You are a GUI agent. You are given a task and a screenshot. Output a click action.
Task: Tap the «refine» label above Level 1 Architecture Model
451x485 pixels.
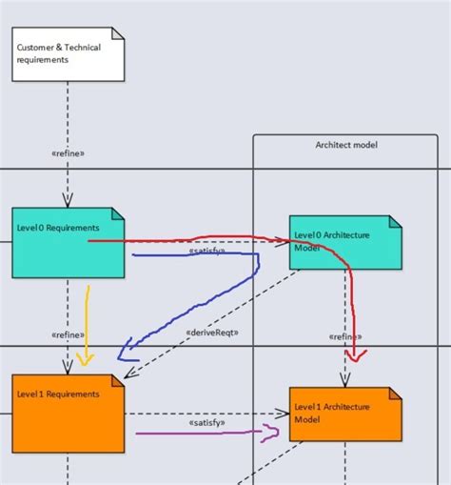click(343, 336)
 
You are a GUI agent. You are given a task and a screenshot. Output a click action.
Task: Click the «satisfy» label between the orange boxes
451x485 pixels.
click(206, 422)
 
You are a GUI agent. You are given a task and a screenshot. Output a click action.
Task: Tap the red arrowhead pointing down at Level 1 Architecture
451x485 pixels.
click(355, 357)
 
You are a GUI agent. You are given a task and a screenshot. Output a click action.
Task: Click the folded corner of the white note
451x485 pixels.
click(118, 33)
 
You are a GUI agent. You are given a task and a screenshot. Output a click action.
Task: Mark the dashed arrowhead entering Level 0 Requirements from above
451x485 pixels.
click(68, 201)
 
